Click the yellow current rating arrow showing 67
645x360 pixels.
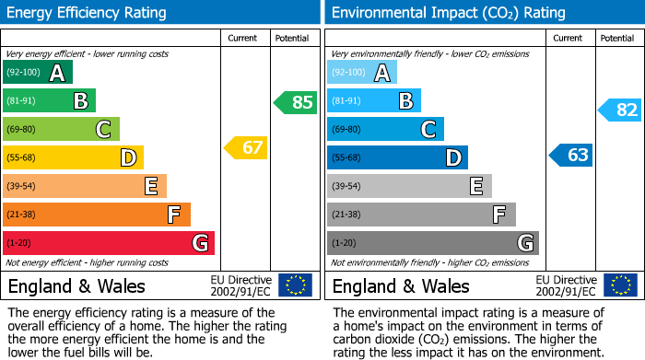tap(246, 147)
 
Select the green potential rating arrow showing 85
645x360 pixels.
tap(296, 102)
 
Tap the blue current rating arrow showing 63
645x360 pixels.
tap(571, 155)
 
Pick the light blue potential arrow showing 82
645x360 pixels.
tap(620, 110)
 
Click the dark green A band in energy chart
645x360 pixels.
tap(38, 73)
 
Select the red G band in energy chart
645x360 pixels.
tap(109, 243)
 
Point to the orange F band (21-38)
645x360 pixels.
tap(97, 215)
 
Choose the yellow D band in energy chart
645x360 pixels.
tap(73, 157)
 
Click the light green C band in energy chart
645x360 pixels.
tap(61, 130)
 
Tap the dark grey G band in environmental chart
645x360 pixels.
tap(432, 243)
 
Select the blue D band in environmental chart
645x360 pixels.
tap(397, 157)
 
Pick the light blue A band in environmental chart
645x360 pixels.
tap(362, 73)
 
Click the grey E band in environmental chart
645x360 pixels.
tap(409, 186)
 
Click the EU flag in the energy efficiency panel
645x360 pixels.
tap(295, 285)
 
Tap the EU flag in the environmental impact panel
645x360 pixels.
tap(619, 285)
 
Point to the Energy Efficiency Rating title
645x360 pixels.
tap(87, 13)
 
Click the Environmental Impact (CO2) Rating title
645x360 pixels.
tap(448, 13)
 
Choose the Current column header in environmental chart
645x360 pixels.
tap(569, 38)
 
